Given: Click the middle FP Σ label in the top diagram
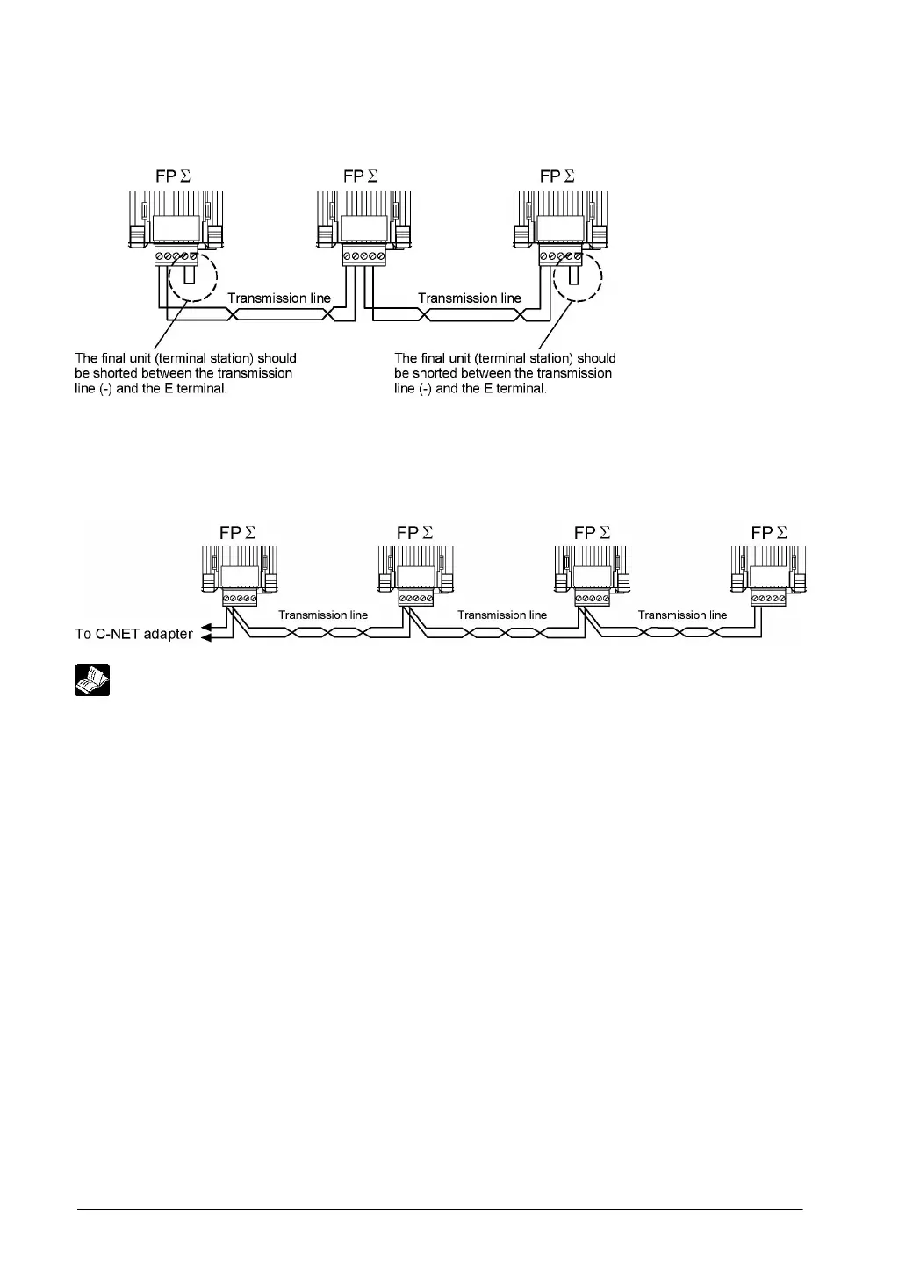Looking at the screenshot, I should point(361,176).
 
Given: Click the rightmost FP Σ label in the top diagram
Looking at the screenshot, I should point(557,176).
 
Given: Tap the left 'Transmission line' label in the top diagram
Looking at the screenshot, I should point(279,298).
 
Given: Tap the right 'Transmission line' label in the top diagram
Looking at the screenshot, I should point(470,298).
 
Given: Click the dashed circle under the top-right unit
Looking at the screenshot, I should point(577,279).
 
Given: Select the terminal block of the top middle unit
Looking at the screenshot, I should point(363,256).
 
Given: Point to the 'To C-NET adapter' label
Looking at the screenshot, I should point(133,634).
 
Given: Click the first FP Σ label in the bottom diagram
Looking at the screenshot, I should point(239,532).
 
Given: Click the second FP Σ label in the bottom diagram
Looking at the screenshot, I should point(415,532).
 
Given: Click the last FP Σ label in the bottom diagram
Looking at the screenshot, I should point(770,532).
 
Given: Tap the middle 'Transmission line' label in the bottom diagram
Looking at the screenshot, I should point(502,615).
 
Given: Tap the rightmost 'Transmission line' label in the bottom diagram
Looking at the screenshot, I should point(682,615).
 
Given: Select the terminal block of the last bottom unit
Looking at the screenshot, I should point(769,599).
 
